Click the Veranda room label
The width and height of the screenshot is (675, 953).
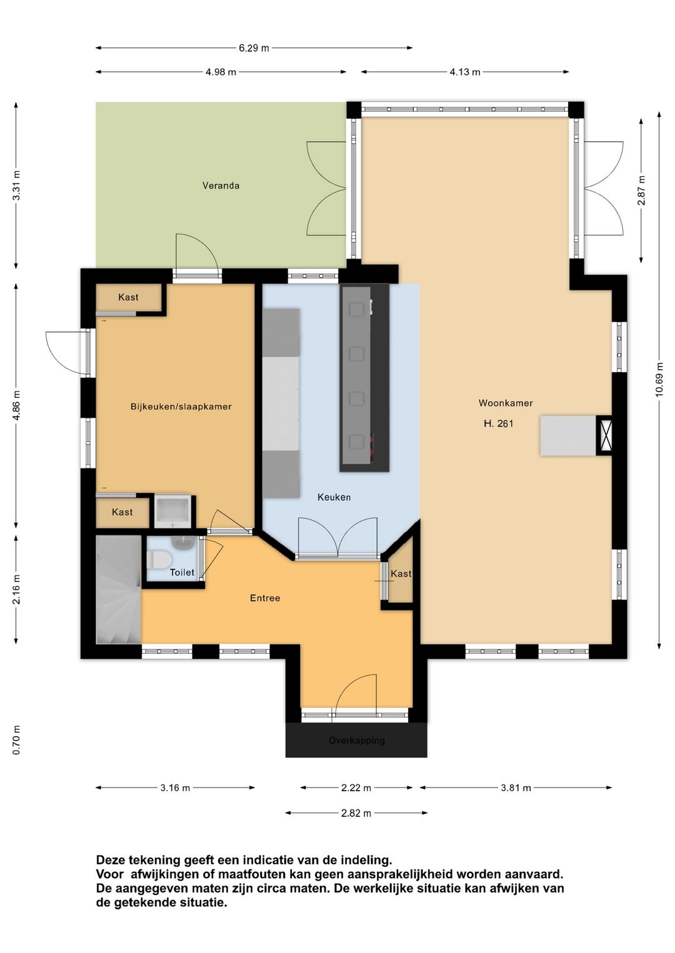tap(221, 185)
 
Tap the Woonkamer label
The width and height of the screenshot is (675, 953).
tap(506, 403)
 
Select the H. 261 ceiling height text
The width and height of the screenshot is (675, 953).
tap(498, 423)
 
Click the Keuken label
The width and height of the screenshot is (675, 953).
tap(334, 497)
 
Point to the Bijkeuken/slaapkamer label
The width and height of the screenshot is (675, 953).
tap(181, 407)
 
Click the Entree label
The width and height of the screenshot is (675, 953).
tap(265, 598)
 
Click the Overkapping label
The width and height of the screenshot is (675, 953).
tap(356, 740)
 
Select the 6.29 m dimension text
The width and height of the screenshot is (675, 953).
tap(254, 48)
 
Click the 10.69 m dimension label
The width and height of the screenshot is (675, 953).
tap(659, 380)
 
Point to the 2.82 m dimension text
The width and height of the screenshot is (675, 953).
tap(356, 813)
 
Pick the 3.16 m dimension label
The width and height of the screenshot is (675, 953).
tap(175, 788)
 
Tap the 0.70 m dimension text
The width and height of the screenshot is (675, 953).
tap(16, 740)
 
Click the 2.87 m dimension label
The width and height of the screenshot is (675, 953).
tap(641, 190)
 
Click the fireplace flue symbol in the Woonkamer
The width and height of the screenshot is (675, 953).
tap(605, 435)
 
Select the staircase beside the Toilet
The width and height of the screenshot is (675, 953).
tap(118, 590)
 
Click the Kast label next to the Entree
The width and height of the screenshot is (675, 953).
tap(401, 573)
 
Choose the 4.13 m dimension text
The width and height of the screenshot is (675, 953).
tap(465, 72)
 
